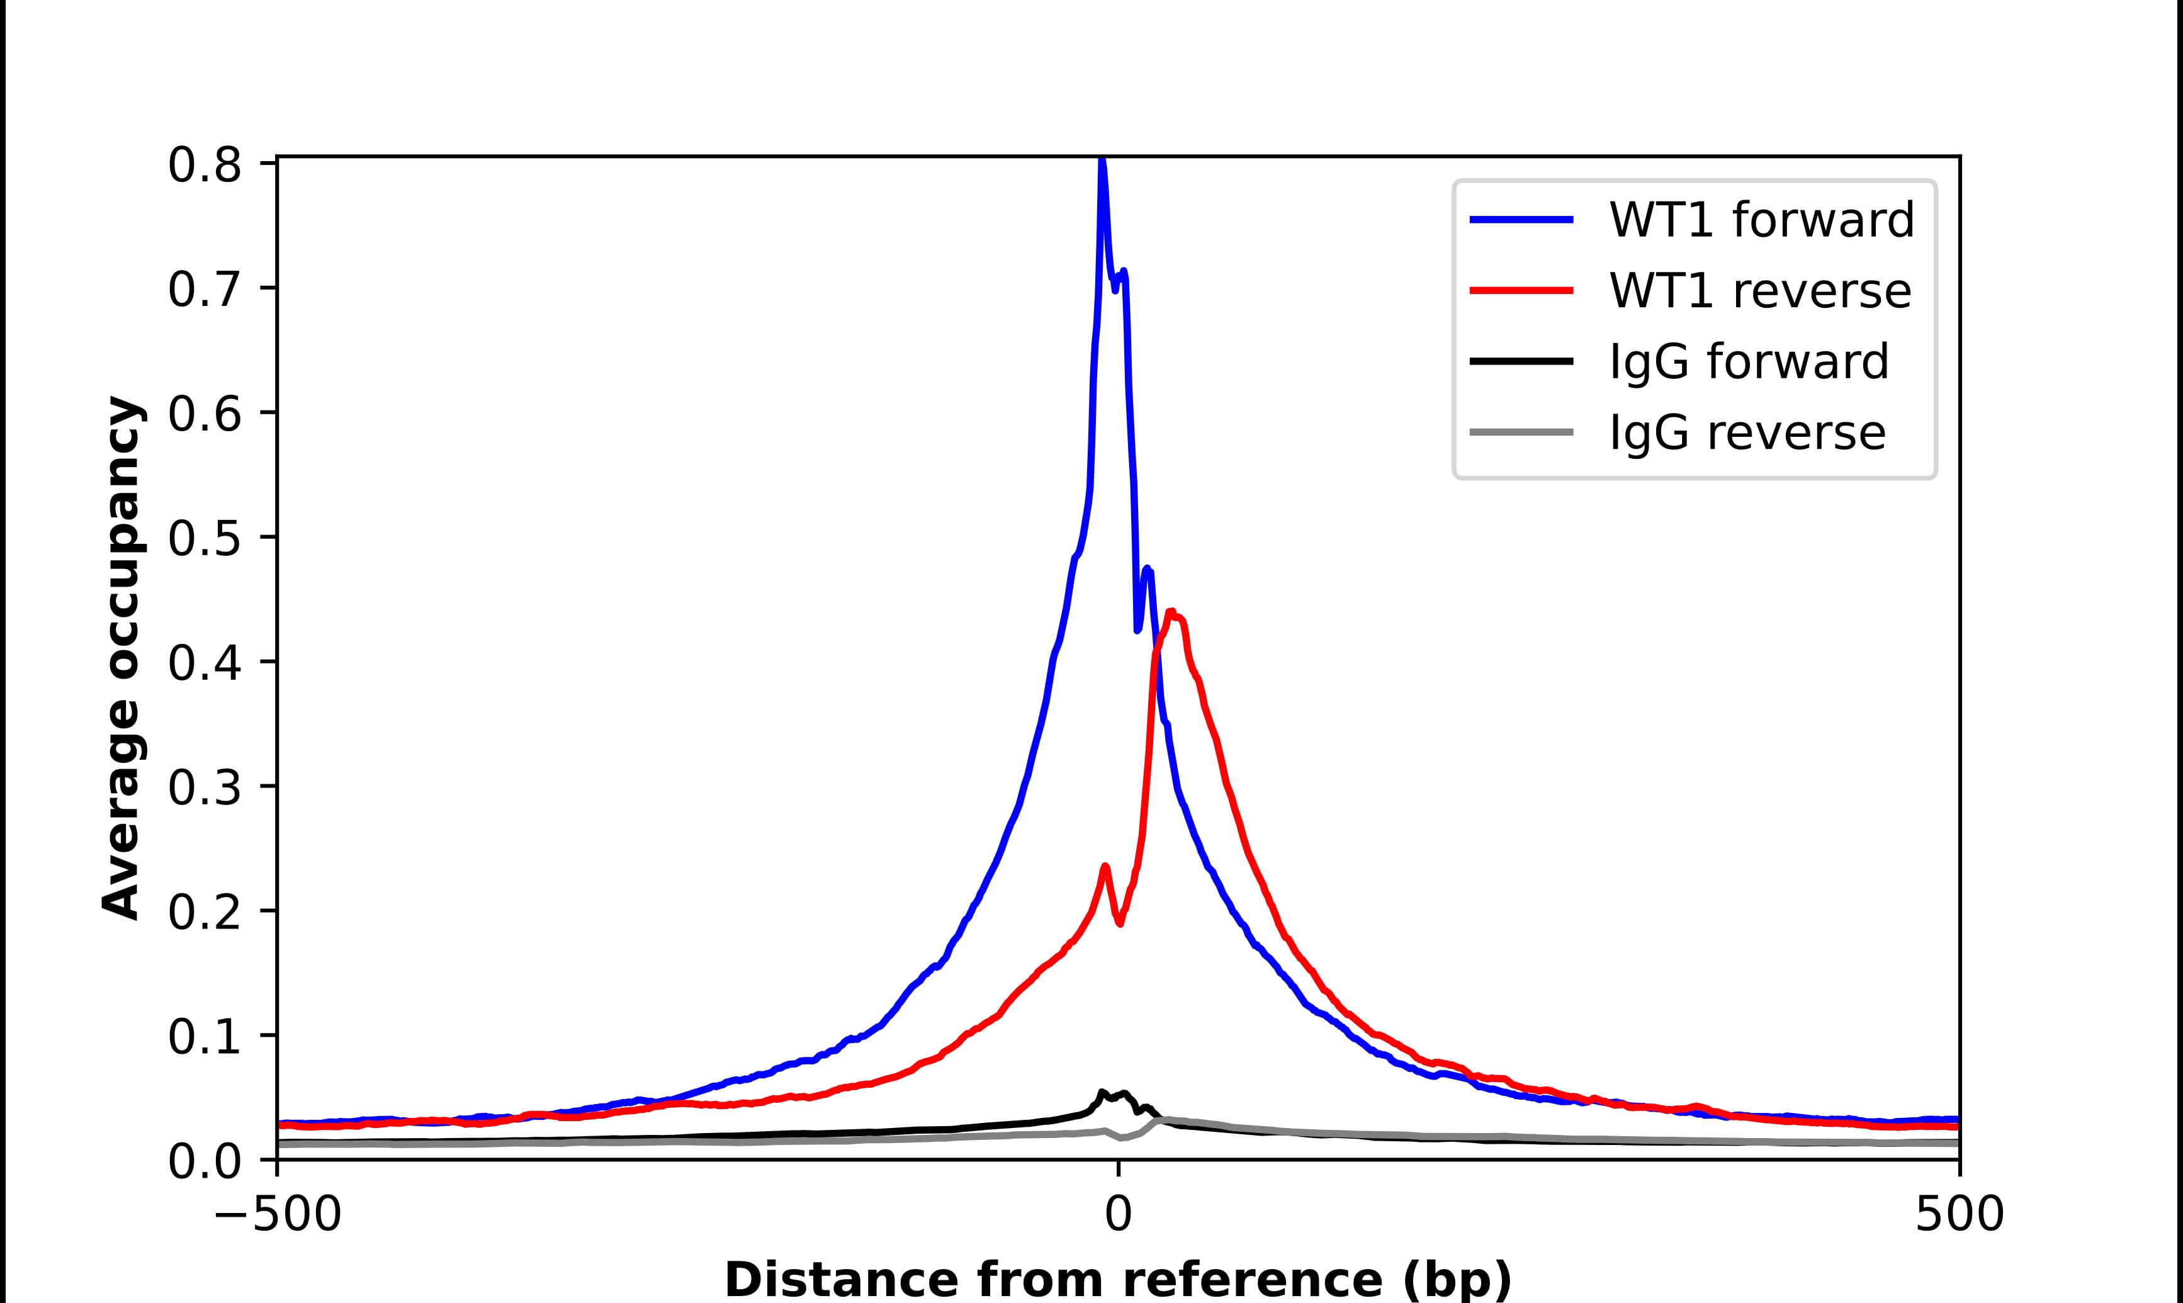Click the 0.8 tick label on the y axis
click(x=204, y=166)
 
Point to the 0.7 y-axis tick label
click(x=204, y=291)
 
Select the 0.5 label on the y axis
click(x=204, y=539)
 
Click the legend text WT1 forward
click(x=1761, y=220)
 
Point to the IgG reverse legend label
click(x=1746, y=433)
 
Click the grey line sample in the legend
click(x=1521, y=432)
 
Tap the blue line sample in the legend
click(x=1521, y=220)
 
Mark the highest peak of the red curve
click(x=1171, y=612)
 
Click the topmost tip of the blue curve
click(x=1102, y=161)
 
